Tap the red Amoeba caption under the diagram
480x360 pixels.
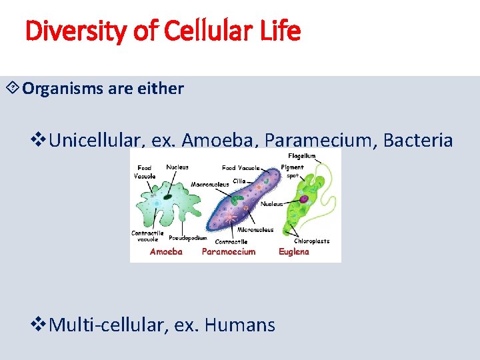click(166, 252)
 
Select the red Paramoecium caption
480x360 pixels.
click(229, 252)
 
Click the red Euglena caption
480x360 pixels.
click(293, 252)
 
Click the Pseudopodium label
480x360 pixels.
click(187, 237)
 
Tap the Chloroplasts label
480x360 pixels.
click(313, 241)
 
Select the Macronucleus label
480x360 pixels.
click(210, 184)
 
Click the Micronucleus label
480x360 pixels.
click(257, 230)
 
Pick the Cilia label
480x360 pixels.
click(240, 181)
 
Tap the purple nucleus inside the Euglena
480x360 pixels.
click(303, 199)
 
